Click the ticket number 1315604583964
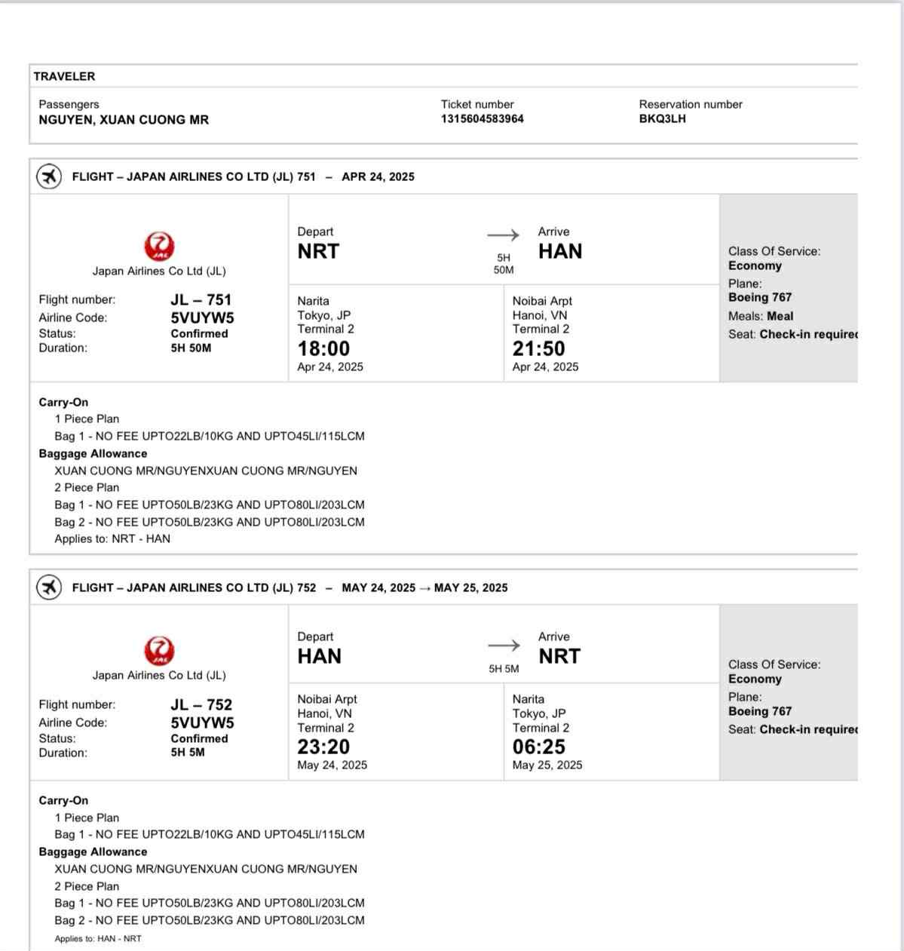[x=482, y=119]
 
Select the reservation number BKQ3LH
[x=662, y=119]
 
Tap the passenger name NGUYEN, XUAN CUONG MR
[x=124, y=120]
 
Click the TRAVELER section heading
[x=64, y=76]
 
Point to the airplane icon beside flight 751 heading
[x=49, y=177]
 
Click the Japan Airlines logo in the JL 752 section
[x=159, y=651]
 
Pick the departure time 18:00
[x=323, y=348]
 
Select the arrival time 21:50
[x=538, y=348]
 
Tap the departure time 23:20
[x=323, y=747]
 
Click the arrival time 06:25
[x=538, y=747]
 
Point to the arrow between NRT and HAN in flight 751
[x=503, y=235]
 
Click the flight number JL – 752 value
[x=201, y=704]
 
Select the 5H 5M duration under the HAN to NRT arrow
[x=504, y=669]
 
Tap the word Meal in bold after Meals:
[x=780, y=317]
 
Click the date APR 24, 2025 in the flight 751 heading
[x=378, y=177]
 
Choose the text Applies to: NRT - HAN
[x=112, y=539]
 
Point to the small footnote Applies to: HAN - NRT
[x=98, y=939]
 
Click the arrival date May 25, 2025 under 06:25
[x=547, y=765]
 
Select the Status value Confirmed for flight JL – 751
[x=199, y=333]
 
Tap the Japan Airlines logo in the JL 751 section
[x=159, y=247]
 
